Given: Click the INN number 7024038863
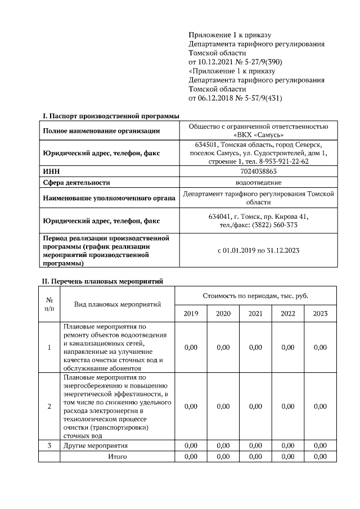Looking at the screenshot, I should (x=258, y=172).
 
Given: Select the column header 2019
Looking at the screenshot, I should (x=191, y=313).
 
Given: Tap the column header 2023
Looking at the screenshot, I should (x=320, y=313).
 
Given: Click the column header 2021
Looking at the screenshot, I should (x=255, y=313).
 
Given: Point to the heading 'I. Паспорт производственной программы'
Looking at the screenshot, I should (x=111, y=116).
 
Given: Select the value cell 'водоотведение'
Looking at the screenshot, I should (x=258, y=182).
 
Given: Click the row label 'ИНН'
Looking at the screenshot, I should (x=52, y=172).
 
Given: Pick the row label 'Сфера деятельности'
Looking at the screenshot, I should (x=76, y=182).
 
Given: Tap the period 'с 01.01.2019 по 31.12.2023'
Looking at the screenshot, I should (x=258, y=250).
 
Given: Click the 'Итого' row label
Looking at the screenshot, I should (x=118, y=456).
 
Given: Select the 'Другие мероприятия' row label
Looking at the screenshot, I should (x=95, y=445).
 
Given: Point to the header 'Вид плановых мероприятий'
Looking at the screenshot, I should (x=118, y=304).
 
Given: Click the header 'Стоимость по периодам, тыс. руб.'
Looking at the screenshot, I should (x=255, y=295).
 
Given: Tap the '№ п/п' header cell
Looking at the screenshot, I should (x=49, y=304).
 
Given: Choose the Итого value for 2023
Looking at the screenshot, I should (x=320, y=456).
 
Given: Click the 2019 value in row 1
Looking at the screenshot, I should (x=191, y=347).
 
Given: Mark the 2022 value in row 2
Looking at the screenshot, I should (x=287, y=406).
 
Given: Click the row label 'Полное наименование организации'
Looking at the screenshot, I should (x=100, y=131).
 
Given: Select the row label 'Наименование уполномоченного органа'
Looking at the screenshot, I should (x=107, y=197).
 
